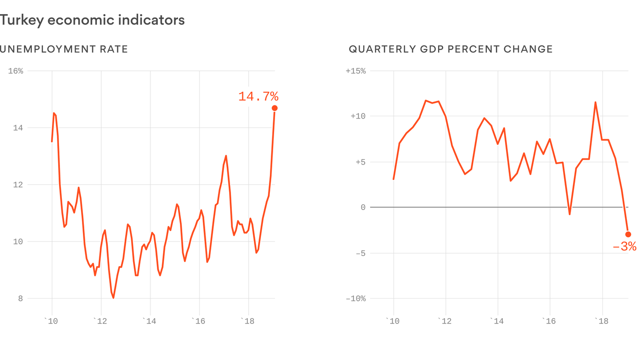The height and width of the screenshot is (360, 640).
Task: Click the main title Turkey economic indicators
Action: click(x=92, y=20)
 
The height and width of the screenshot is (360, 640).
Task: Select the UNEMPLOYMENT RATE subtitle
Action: click(x=64, y=49)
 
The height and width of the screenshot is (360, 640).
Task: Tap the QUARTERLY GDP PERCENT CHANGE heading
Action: click(x=451, y=49)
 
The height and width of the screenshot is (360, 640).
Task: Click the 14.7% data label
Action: click(x=258, y=97)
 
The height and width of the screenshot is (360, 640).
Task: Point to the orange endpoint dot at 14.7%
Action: click(x=275, y=108)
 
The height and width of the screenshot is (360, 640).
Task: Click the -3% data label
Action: click(x=625, y=247)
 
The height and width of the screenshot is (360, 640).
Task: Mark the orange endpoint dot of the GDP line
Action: click(x=628, y=234)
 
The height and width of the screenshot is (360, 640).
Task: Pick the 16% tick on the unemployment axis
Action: click(x=15, y=71)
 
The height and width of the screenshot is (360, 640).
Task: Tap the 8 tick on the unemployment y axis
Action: click(x=20, y=299)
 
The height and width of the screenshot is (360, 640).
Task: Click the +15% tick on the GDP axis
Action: click(x=356, y=71)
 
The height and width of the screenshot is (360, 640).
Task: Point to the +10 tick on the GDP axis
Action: click(x=358, y=117)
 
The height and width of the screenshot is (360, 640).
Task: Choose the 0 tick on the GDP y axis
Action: click(x=363, y=208)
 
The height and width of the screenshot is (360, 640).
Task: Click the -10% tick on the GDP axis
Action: click(x=356, y=299)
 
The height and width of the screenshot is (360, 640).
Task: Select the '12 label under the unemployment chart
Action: click(x=100, y=321)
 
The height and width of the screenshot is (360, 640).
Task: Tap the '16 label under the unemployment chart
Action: click(x=198, y=321)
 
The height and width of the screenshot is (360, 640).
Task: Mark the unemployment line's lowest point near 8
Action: click(x=113, y=298)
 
